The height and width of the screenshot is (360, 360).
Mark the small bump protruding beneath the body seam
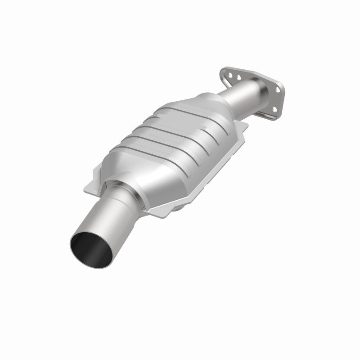tap(180, 205)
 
